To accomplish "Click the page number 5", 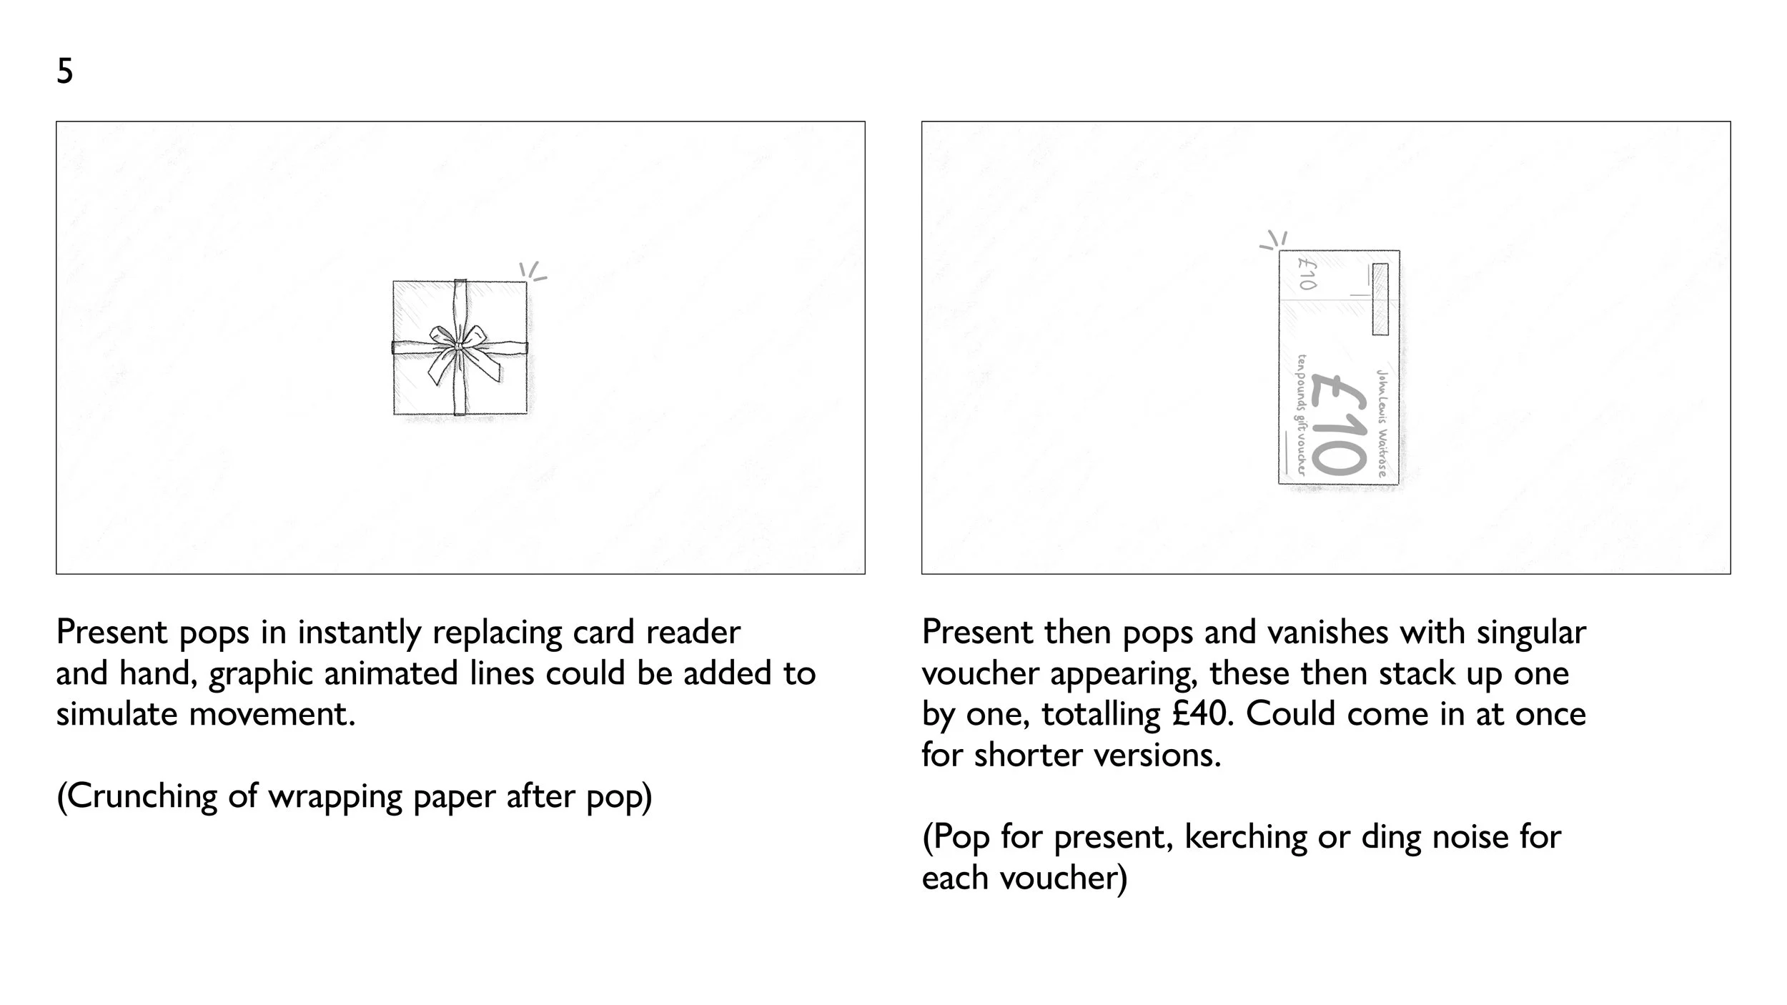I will [x=64, y=71].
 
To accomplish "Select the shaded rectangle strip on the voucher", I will [x=1380, y=299].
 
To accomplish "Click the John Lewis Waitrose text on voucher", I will [x=1382, y=422].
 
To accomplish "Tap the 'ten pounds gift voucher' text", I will [x=1301, y=415].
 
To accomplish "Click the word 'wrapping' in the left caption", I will [x=335, y=796].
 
